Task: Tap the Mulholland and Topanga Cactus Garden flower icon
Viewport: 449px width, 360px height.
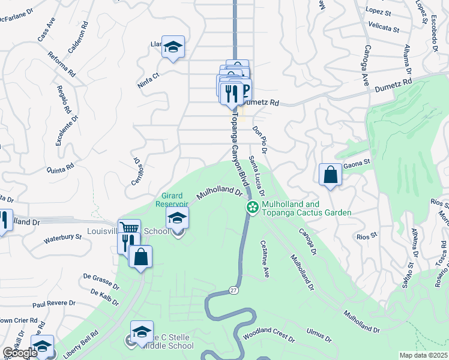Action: click(x=253, y=208)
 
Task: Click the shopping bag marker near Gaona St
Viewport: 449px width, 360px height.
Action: click(x=330, y=175)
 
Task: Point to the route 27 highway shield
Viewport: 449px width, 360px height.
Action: click(x=233, y=290)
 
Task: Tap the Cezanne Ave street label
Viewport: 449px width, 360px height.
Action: click(x=265, y=259)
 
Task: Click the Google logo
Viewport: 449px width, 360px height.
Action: click(x=20, y=353)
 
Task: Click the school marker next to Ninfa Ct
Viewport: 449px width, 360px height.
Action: click(x=173, y=47)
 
